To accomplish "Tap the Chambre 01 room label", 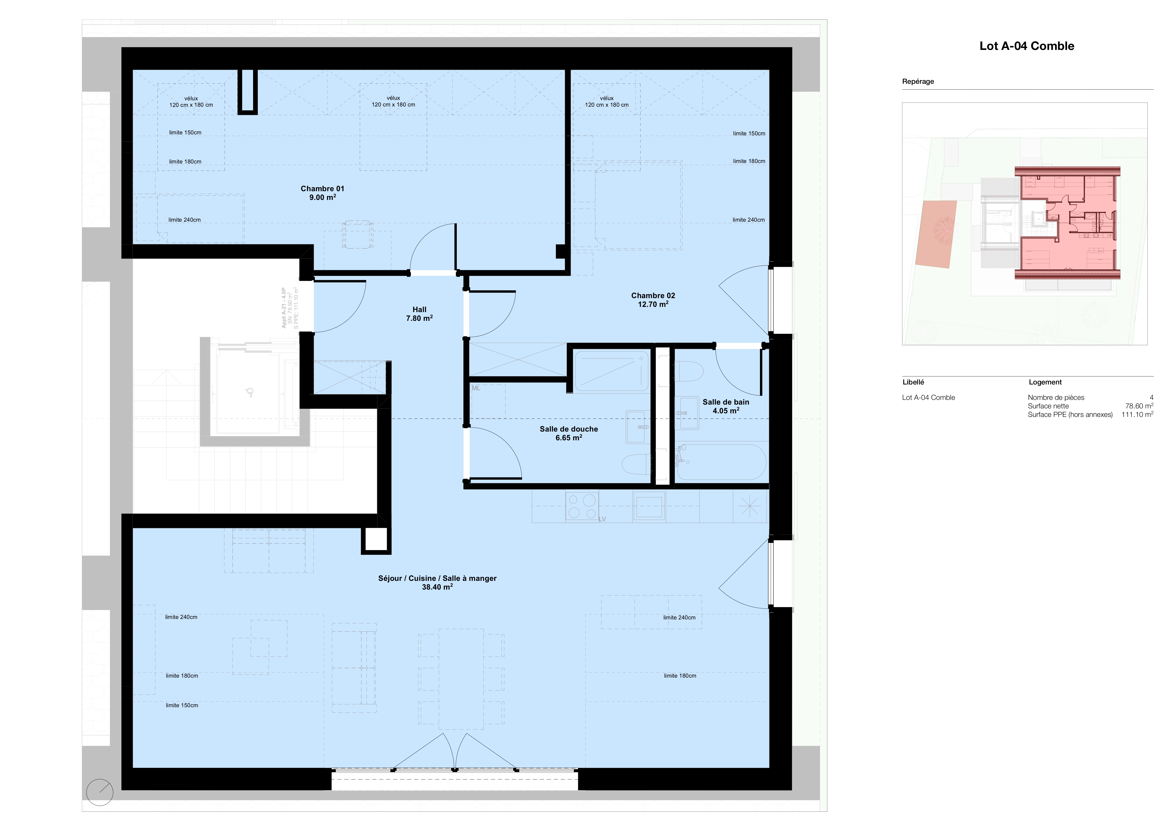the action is pos(322,193).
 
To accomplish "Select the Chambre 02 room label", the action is pos(653,300).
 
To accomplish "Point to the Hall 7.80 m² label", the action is pos(419,314).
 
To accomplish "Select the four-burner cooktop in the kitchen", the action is pos(582,506).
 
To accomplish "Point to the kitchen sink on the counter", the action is pos(649,507).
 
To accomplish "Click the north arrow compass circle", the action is pos(100,792).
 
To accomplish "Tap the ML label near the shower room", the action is pos(476,389).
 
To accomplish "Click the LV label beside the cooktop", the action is pos(602,519).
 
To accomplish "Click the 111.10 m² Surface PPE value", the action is pos(1137,415).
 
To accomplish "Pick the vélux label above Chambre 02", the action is pos(607,98).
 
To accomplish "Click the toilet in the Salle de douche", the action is pos(636,465).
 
